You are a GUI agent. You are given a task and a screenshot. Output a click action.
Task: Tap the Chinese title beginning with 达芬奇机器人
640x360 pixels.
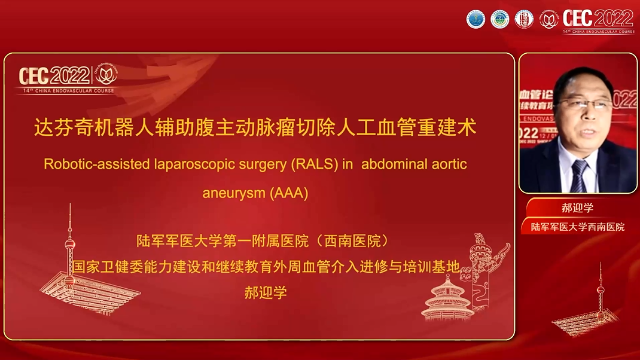click(259, 128)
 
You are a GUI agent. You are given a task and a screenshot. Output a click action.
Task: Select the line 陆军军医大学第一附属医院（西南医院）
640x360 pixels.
click(263, 242)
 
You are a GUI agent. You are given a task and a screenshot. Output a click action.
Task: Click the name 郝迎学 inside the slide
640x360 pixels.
click(266, 293)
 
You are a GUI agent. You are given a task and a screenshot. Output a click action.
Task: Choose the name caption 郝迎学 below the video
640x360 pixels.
click(577, 208)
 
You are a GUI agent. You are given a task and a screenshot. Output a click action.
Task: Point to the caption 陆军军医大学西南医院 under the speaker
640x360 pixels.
click(577, 227)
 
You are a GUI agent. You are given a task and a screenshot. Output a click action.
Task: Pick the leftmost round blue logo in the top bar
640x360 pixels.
click(476, 19)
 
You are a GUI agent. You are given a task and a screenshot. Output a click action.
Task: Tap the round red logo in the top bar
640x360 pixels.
click(523, 19)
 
